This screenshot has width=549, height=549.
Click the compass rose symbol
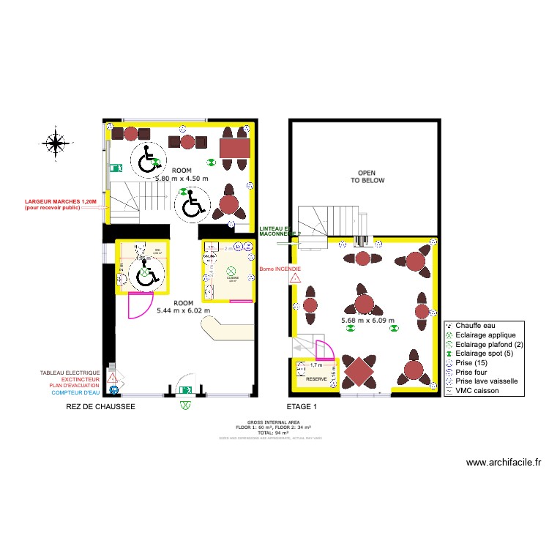55,141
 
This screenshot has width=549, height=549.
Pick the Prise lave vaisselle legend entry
487,381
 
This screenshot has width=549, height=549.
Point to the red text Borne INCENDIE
280,269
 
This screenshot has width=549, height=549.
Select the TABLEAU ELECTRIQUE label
70,373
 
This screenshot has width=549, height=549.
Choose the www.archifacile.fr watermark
503,462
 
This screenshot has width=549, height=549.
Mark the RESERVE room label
316,379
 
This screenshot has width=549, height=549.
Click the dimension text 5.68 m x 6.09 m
368,320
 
